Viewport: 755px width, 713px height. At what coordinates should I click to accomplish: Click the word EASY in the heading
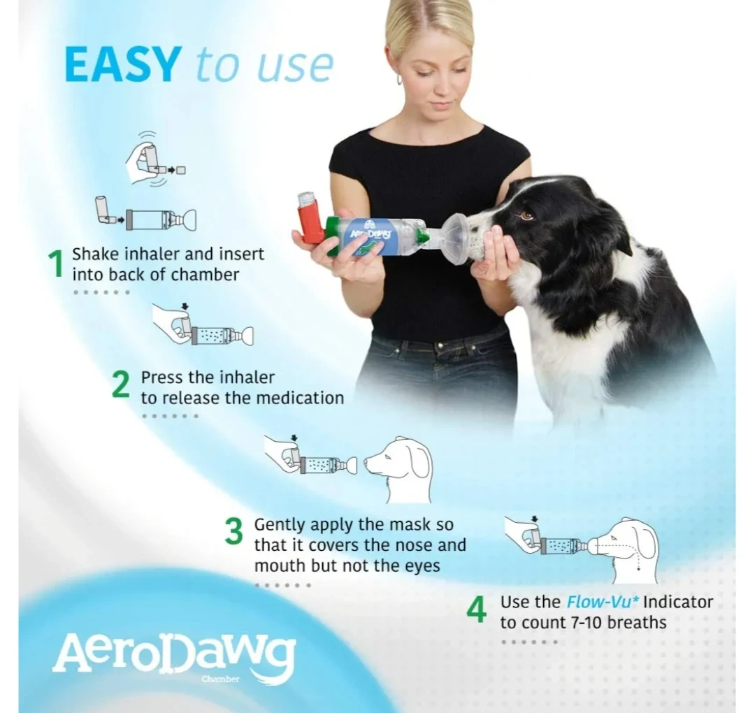coord(123,64)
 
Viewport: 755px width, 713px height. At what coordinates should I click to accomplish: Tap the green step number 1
coord(57,264)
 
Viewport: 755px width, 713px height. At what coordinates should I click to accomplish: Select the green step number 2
coord(121,385)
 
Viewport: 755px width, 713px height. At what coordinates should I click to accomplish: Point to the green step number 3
coord(234,531)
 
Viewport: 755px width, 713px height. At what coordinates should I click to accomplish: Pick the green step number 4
coord(477,610)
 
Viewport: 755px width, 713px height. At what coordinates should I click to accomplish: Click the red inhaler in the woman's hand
coord(312,218)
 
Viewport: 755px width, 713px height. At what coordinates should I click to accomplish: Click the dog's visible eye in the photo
coord(527,215)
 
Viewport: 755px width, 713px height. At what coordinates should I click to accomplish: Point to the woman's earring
coord(399,80)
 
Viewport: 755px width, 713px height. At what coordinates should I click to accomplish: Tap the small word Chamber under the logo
coord(220,679)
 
